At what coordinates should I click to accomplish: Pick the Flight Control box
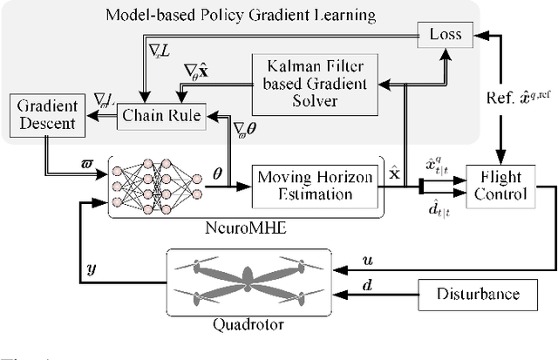[500, 186]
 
